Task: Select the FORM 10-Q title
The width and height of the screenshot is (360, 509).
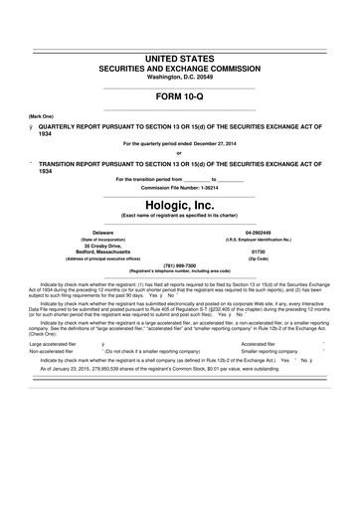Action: coord(179,97)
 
